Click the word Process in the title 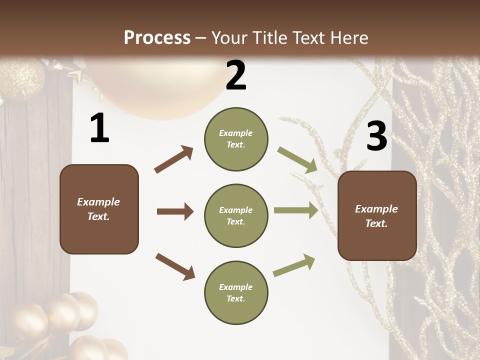tap(157, 38)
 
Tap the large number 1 tap(99, 128)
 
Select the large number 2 tap(236, 75)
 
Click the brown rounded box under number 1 tap(99, 209)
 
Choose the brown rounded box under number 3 tap(377, 216)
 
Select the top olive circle tap(236, 139)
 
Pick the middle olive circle tap(236, 216)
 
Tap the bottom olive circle tap(236, 293)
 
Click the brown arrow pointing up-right tap(174, 159)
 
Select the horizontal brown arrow tap(175, 211)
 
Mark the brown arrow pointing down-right tap(175, 266)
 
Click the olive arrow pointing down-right tap(297, 160)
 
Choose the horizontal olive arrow tap(296, 210)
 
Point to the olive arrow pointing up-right tap(294, 265)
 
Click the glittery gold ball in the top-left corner tap(22, 77)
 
